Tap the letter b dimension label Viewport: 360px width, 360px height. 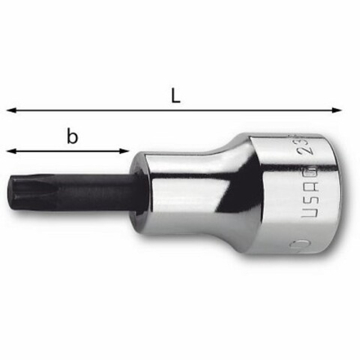[x=73, y=137]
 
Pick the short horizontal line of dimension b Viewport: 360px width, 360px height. [x=49, y=150]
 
